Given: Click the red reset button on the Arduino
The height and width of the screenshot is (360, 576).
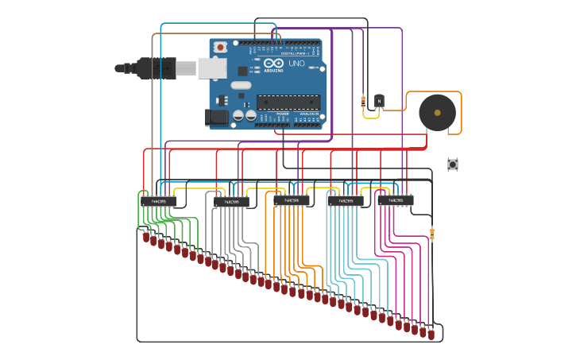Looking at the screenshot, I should click(x=220, y=47).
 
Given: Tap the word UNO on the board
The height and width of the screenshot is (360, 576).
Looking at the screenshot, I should click(x=296, y=64).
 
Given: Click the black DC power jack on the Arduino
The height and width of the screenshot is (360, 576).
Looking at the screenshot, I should click(x=216, y=118).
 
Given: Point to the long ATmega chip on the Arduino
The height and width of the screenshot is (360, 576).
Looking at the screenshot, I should click(x=288, y=102).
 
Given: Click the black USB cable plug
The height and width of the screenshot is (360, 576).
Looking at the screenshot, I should click(x=156, y=68).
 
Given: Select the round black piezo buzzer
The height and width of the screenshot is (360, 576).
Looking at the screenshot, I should click(x=437, y=112).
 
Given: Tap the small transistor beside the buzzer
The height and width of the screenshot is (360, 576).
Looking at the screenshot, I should click(x=379, y=101).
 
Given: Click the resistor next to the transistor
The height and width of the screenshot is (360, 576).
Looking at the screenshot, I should click(x=363, y=101).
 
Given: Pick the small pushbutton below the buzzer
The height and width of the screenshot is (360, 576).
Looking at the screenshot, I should click(x=453, y=165).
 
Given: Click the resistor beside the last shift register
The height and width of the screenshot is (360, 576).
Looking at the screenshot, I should click(x=432, y=234).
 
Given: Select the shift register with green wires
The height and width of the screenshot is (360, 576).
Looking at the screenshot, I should click(x=159, y=201).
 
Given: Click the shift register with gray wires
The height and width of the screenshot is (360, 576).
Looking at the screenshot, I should click(x=231, y=202).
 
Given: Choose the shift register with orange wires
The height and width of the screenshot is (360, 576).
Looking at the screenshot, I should click(x=292, y=201).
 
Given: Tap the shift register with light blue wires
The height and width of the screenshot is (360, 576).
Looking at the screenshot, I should click(x=346, y=201).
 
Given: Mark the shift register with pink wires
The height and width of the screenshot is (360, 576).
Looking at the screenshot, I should click(x=395, y=200).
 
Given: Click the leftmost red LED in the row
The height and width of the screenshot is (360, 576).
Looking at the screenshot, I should click(x=146, y=237).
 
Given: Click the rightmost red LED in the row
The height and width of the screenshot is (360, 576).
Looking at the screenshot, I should click(x=431, y=335).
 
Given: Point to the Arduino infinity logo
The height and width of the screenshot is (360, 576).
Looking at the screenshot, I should click(x=273, y=63).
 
